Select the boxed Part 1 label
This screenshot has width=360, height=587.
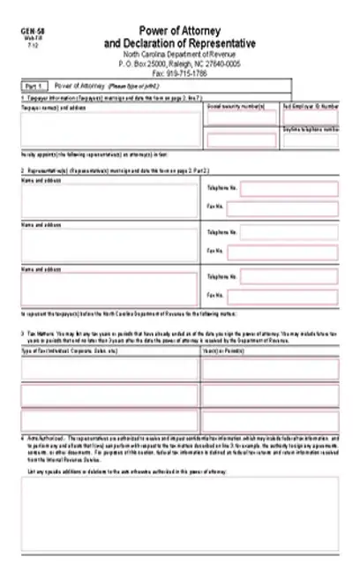pyautogui.click(x=34, y=87)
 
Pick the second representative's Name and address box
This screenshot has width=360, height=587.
pyautogui.click(x=111, y=244)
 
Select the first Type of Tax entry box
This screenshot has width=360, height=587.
pyautogui.click(x=111, y=368)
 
